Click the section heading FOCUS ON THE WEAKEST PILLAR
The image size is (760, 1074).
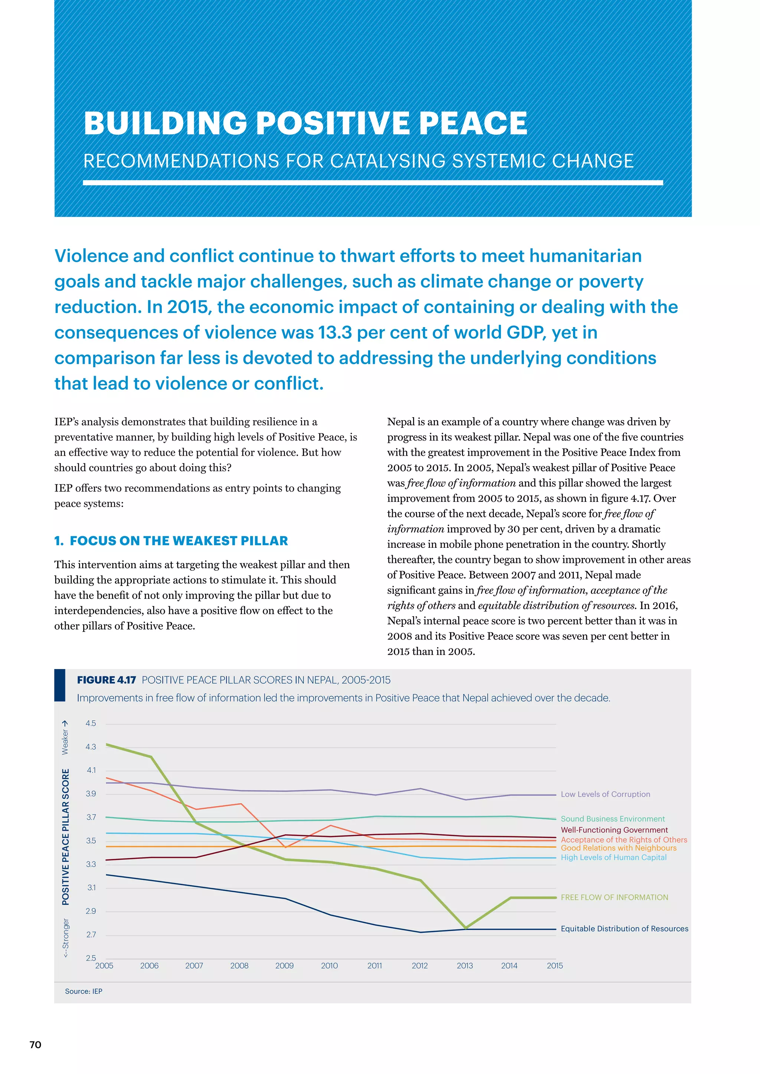(179, 541)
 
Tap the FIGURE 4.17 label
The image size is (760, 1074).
(106, 680)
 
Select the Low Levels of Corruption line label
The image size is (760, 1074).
(605, 794)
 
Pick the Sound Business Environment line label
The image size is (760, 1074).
(613, 819)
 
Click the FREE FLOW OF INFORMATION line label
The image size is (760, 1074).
(614, 897)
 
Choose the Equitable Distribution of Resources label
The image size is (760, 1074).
(624, 929)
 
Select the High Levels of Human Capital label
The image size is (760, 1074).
(613, 857)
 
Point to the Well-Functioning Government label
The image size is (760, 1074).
(614, 830)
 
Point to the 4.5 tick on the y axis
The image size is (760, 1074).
(91, 724)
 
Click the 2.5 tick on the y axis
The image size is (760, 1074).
(91, 958)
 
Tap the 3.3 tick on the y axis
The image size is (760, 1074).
(91, 864)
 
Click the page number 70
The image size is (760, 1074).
(35, 1045)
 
